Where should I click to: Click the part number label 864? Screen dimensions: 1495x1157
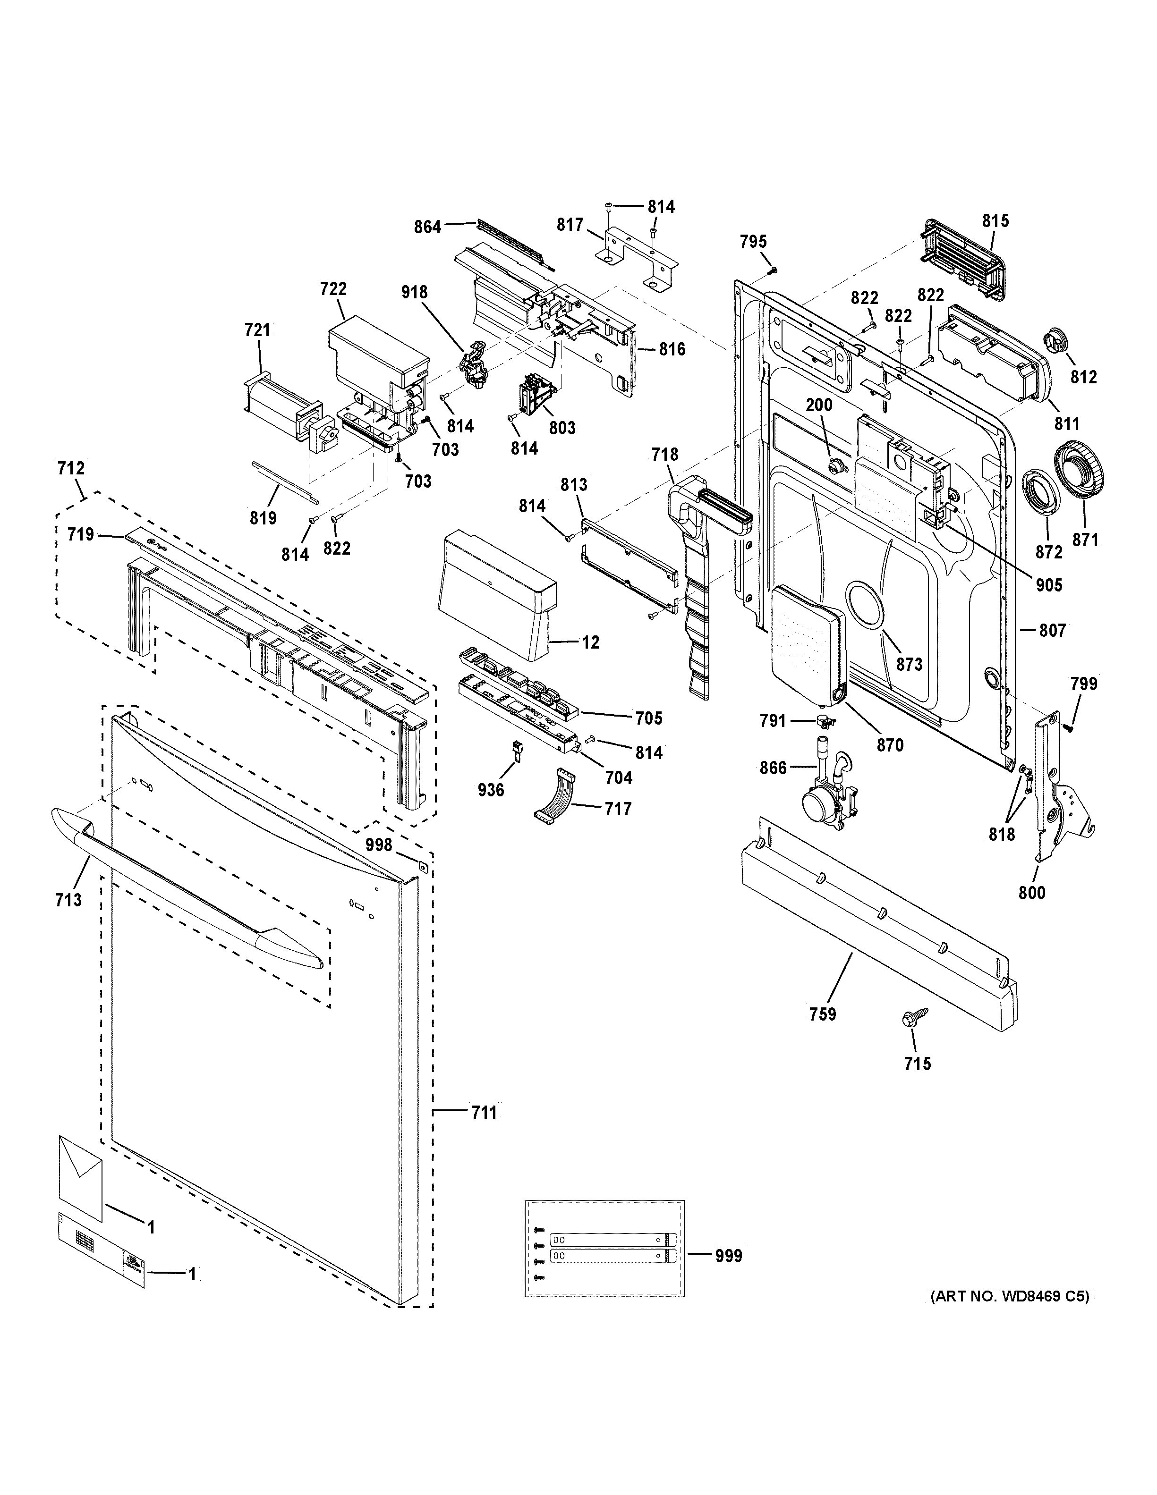coord(428,227)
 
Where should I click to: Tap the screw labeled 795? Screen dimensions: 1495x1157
coord(772,270)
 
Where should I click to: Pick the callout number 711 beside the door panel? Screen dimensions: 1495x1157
coord(483,1114)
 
